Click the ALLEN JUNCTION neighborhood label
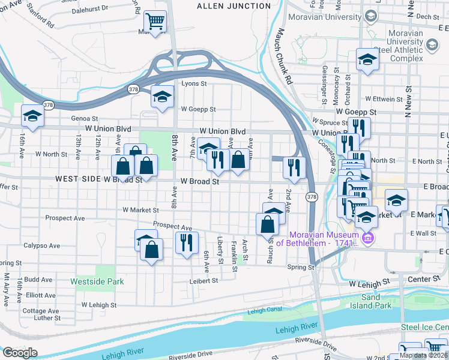(x=234, y=6)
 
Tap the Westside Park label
(x=97, y=281)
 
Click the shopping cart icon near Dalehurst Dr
(x=155, y=22)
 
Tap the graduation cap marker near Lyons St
(x=161, y=96)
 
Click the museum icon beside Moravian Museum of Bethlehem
(x=369, y=239)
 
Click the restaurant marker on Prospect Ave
(x=187, y=242)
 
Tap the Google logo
(x=19, y=353)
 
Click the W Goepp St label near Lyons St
(x=197, y=109)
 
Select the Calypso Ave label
(x=41, y=245)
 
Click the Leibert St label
(x=202, y=280)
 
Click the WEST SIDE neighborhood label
(x=76, y=179)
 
